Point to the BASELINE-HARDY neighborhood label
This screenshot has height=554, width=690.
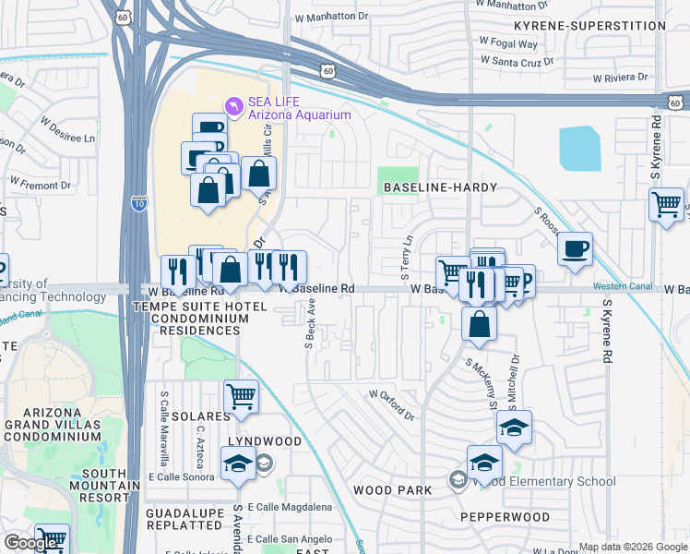point(440,187)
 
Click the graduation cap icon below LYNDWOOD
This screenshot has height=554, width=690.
point(238,463)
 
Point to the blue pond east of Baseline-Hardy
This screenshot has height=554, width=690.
point(578,148)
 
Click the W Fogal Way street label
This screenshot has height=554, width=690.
point(508,42)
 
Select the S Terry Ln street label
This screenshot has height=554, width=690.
point(406,258)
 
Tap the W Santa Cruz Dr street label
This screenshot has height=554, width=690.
point(517,61)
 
